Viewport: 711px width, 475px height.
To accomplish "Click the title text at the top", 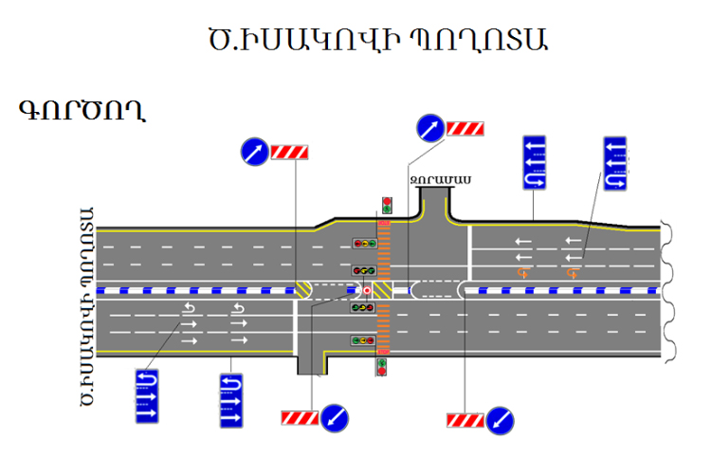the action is coord(377,40).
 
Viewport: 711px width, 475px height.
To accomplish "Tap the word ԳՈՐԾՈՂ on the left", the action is coord(82,110).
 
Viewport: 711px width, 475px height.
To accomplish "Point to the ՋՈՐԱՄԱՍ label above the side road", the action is coord(441,180).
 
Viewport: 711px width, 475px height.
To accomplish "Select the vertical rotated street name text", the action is coord(87,306).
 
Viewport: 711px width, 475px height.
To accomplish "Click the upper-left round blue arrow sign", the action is coord(254,152).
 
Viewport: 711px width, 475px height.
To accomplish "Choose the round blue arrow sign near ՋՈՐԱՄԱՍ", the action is coord(430,128).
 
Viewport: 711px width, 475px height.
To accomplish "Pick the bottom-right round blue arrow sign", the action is coord(500,421).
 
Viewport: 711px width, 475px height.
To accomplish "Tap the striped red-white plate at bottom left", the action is coord(300,418).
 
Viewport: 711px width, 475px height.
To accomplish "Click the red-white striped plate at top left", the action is coord(289,152).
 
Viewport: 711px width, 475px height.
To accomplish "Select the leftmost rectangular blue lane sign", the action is coord(147,396).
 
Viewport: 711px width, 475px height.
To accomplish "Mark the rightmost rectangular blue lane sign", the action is coord(615,163).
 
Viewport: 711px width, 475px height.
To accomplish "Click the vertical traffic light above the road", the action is coord(387,205).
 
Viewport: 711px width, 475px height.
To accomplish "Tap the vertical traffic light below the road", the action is coord(382,367).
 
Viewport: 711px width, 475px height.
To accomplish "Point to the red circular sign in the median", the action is coord(367,290).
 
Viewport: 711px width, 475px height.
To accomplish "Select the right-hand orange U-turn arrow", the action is coord(574,273).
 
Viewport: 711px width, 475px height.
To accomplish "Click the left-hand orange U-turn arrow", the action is coord(523,273).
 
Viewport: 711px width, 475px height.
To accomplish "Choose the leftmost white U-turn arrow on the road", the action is coord(189,308).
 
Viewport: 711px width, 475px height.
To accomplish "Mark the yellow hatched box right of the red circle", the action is coord(382,290).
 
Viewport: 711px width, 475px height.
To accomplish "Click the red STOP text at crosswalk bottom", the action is coord(383,352).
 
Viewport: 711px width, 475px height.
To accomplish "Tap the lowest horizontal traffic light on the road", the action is coord(363,340).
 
